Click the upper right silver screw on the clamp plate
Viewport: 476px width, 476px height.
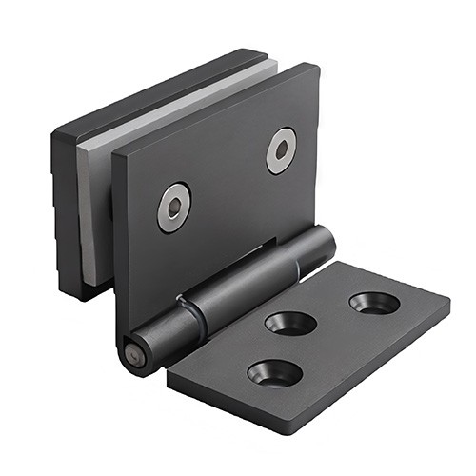pos(281,150)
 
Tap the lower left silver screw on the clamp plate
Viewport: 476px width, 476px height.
pos(174,207)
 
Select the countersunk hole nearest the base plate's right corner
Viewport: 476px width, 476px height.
pos(374,304)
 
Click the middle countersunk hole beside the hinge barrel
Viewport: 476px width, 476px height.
pos(290,323)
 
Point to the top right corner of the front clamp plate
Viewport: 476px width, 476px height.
pos(315,67)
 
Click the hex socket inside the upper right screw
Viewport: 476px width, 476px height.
pos(281,150)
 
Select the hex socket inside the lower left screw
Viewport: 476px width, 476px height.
pos(174,207)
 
